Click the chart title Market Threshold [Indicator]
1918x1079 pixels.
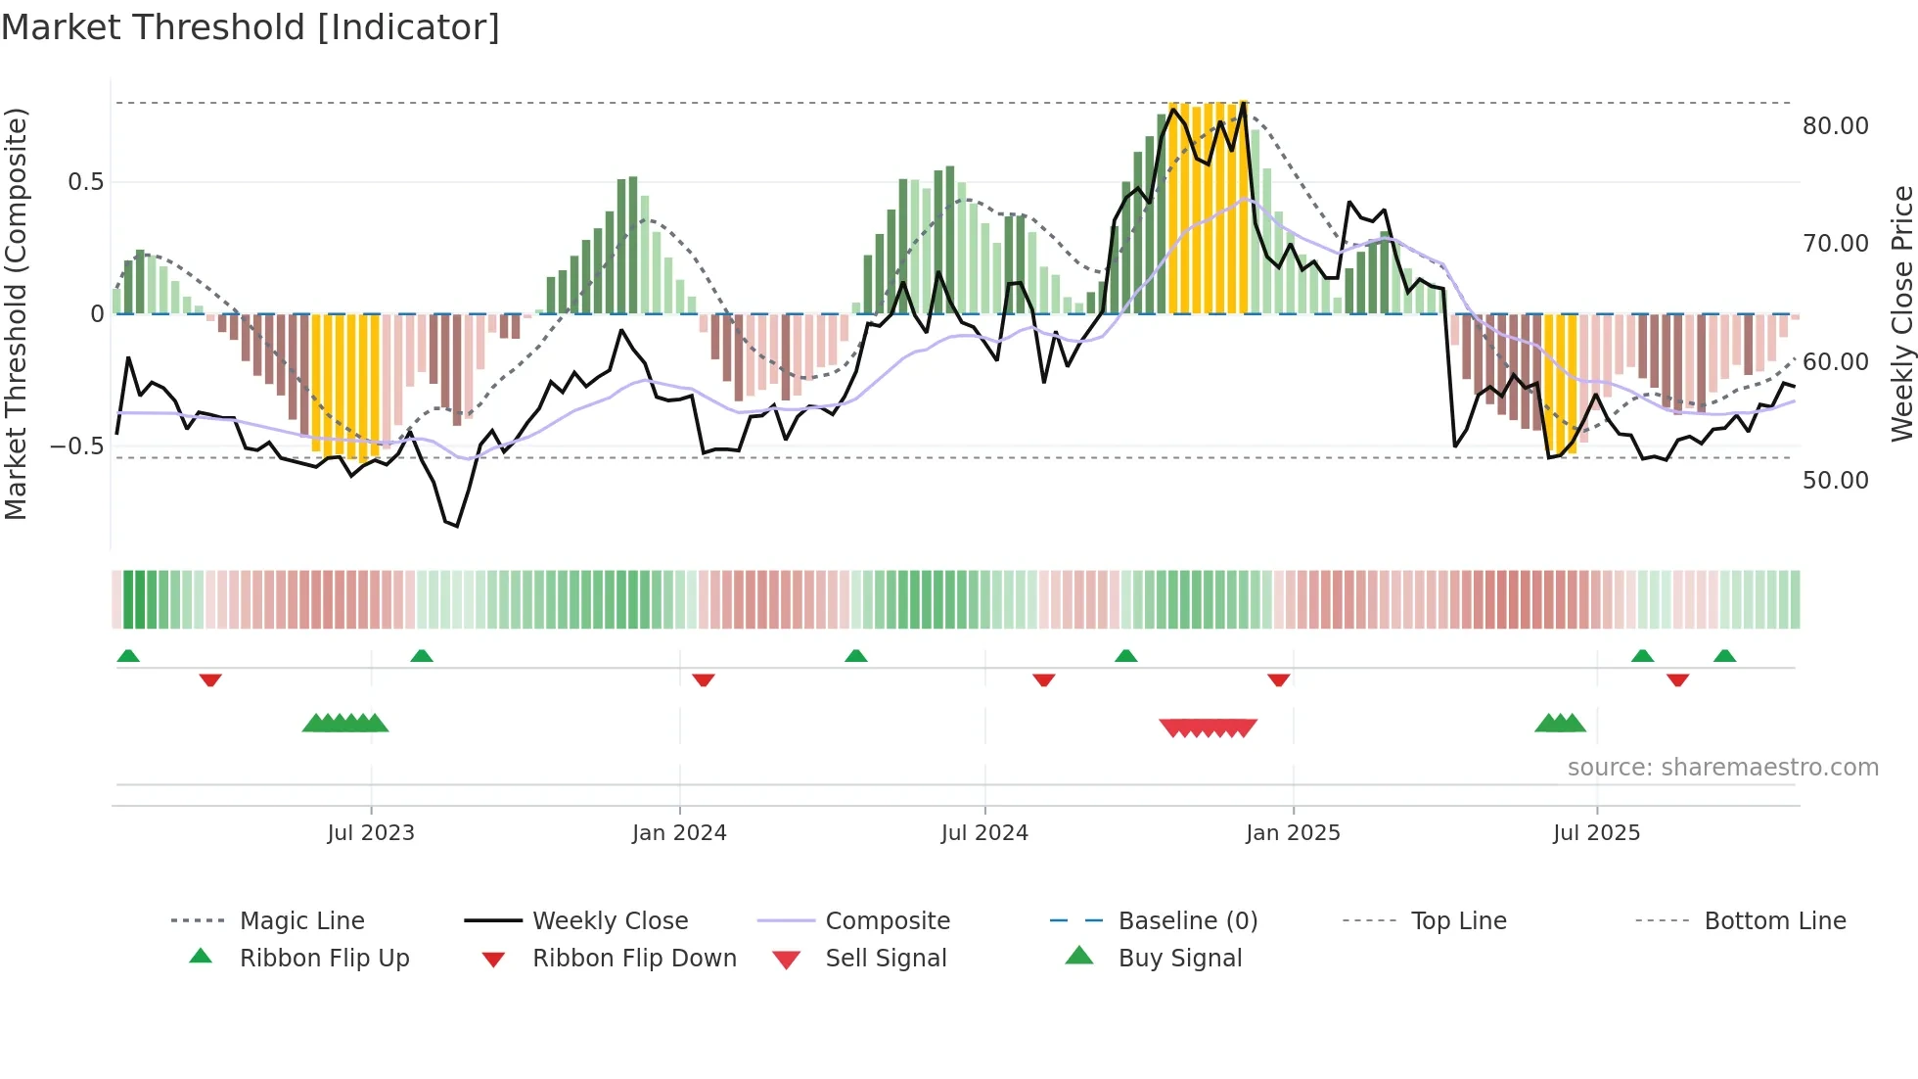(x=251, y=27)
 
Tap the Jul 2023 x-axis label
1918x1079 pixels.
(x=371, y=833)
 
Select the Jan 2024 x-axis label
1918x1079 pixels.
(x=679, y=833)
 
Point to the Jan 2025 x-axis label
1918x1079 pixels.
(x=1293, y=833)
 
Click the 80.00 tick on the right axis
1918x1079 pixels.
(x=1835, y=126)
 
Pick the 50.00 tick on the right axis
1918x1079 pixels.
(x=1835, y=481)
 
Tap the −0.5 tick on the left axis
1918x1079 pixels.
(x=77, y=446)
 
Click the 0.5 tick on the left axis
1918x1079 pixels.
(x=85, y=182)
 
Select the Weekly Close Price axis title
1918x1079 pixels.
(x=1901, y=313)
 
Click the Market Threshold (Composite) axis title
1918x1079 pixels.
(x=16, y=313)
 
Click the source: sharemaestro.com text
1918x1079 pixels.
(x=1722, y=768)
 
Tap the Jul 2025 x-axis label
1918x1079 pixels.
(x=1596, y=833)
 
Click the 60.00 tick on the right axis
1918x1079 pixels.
(x=1835, y=362)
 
